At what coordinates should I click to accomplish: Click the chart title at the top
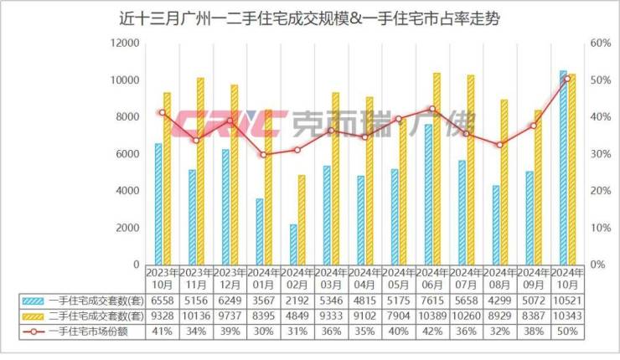(309, 18)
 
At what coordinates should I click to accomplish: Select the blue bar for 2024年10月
(563, 167)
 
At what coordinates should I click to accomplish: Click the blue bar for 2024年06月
(428, 194)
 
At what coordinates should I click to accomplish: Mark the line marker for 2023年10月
(163, 112)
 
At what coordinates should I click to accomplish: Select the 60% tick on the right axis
(601, 43)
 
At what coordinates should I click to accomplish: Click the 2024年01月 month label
(264, 278)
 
